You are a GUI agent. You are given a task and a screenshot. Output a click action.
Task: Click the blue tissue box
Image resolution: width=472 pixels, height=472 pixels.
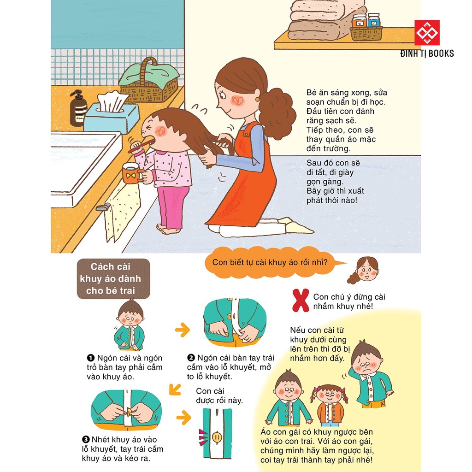[111, 115]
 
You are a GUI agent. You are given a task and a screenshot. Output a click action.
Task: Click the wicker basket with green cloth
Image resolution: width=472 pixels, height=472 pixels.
[148, 82]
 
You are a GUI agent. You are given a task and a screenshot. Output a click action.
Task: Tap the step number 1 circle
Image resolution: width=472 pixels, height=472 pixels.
[91, 358]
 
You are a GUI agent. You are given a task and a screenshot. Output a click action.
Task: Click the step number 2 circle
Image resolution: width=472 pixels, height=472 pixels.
[191, 358]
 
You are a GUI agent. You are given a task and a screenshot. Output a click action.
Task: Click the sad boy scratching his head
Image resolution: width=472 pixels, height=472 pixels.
[369, 373]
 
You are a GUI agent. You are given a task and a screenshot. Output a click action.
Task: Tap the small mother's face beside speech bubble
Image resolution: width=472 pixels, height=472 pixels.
[366, 269]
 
